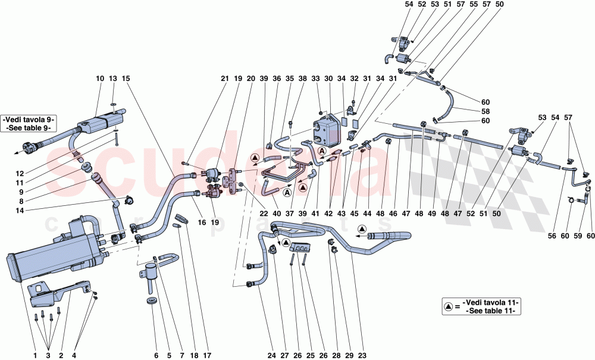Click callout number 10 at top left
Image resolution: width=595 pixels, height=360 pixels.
coord(99,79)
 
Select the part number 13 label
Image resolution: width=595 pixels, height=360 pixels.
coord(113,79)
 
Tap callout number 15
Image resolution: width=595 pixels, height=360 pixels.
coord(126,79)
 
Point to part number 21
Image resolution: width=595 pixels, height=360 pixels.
coord(224,79)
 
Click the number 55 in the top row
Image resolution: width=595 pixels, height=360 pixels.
coord(474,4)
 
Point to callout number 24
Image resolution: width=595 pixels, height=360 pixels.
coord(271,356)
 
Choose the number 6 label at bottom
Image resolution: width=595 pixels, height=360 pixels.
coord(156,356)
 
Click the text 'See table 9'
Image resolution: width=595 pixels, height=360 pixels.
coord(30,128)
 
